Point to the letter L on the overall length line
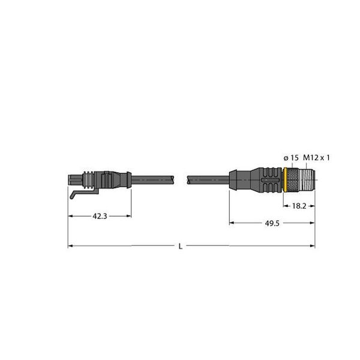click(181, 246)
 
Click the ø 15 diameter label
click(290, 157)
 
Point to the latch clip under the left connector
click(77, 194)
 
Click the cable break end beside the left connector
click(173, 178)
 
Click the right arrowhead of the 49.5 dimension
click(313, 223)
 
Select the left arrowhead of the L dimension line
click(70, 245)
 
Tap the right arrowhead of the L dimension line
click(313, 245)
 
